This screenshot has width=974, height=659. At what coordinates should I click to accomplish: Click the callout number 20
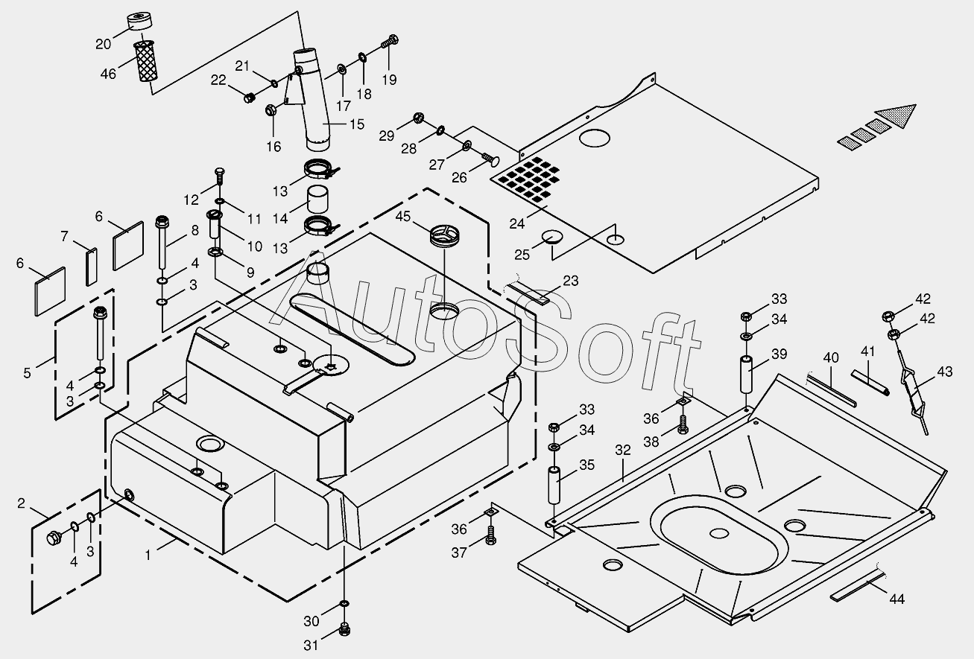coord(104,44)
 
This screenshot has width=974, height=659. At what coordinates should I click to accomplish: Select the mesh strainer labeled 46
coord(146,63)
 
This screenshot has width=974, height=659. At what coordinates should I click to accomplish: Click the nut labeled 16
coord(271,110)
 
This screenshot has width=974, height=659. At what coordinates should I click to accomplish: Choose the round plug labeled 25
coord(552,238)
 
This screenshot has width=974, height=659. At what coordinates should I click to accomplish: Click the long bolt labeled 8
coord(161,246)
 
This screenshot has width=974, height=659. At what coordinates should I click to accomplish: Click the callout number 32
coord(622,451)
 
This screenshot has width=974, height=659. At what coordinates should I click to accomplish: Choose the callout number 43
coord(945,372)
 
